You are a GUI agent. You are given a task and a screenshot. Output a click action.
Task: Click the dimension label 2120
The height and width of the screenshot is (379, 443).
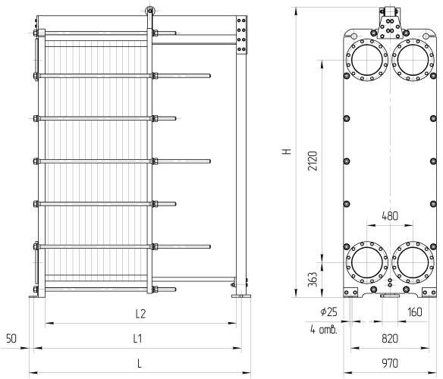click(313, 161)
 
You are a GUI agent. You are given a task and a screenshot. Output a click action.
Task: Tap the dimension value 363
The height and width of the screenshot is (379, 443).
click(313, 280)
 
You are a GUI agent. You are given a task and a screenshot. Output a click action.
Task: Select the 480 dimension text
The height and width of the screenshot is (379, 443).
click(390, 216)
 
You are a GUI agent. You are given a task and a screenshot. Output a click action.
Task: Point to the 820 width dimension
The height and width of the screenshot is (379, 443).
click(390, 338)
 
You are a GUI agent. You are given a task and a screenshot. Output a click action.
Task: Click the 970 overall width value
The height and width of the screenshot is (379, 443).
click(390, 363)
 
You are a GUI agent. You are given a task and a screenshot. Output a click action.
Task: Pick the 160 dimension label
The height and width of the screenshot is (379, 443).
click(415, 312)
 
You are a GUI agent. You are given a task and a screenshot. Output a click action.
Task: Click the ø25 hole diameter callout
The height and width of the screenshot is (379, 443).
click(329, 312)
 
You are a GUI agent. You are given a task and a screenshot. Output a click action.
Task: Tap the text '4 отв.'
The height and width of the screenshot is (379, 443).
click(324, 330)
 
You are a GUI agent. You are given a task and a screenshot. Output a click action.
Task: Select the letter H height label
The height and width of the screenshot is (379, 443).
click(287, 152)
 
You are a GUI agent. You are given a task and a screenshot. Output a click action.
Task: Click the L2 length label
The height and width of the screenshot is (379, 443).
click(140, 314)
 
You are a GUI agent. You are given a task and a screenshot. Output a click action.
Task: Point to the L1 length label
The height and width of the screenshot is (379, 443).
click(137, 338)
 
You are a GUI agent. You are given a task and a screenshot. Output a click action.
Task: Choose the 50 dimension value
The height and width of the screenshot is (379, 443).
click(11, 338)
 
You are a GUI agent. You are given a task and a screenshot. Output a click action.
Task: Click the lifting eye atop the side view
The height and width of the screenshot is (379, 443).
click(149, 11)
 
